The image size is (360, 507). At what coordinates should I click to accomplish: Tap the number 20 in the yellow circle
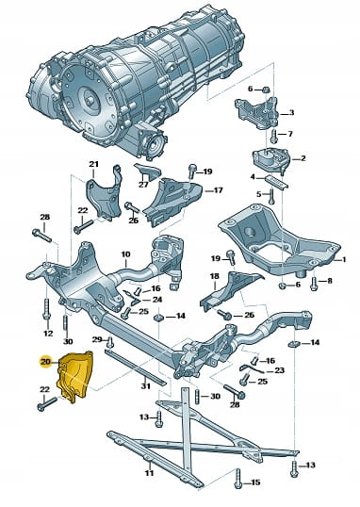(x=46, y=362)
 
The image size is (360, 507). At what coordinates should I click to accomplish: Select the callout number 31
(x=145, y=386)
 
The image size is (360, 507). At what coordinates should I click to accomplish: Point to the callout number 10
(x=126, y=254)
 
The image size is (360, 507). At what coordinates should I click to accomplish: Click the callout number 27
(x=143, y=185)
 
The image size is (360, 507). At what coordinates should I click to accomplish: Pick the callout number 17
(x=219, y=190)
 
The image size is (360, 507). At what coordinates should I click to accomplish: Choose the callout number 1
(x=344, y=259)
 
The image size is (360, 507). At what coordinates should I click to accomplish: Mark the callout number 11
(x=149, y=473)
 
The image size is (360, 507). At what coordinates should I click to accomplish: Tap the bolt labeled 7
(x=274, y=136)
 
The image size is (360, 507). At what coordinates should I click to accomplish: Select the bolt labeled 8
(x=313, y=284)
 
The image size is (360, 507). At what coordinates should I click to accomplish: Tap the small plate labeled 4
(x=276, y=181)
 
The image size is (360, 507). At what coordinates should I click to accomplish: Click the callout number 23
(x=280, y=370)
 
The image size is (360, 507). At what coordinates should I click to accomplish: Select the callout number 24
(x=156, y=300)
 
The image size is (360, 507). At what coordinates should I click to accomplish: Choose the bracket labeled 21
(x=104, y=196)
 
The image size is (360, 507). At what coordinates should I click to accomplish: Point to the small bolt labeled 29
(x=110, y=341)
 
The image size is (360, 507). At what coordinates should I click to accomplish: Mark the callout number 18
(x=215, y=276)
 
